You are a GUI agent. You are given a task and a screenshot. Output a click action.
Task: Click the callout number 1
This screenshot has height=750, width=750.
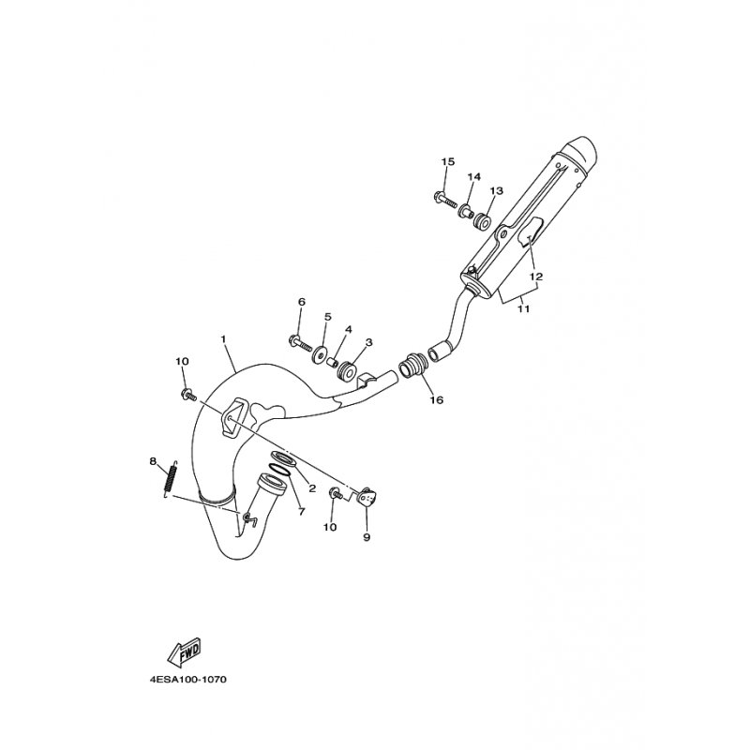point(224,337)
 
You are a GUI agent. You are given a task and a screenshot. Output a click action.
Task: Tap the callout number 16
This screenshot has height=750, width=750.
point(436,399)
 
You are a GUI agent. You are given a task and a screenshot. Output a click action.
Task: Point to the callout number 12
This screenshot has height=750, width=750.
point(536,277)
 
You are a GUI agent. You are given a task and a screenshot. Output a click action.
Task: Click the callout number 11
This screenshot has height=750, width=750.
point(523,308)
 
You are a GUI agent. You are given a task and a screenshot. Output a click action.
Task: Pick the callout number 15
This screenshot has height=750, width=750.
point(447,162)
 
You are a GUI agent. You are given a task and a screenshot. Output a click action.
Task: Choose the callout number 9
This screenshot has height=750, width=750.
point(367,537)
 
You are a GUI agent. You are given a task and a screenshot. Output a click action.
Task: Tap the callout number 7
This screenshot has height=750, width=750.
point(301,511)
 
